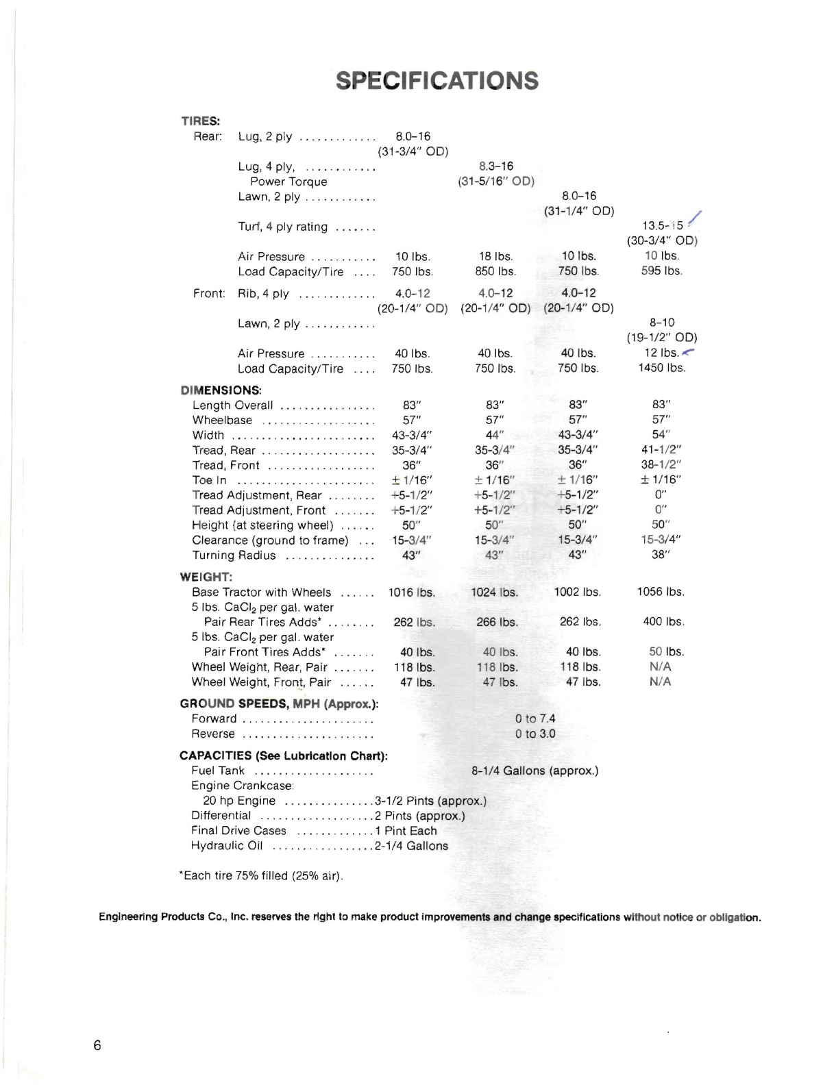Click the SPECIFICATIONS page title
click(437, 81)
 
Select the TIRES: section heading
click(200, 121)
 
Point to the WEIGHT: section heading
click(206, 577)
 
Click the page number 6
click(97, 1045)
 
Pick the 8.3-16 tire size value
click(496, 166)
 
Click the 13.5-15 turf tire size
click(662, 225)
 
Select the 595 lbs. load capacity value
click(661, 271)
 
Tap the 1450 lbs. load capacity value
click(661, 368)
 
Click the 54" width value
click(661, 435)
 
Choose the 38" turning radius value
click(661, 555)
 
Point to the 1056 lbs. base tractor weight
click(661, 592)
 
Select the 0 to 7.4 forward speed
click(535, 719)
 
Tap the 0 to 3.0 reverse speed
click(535, 734)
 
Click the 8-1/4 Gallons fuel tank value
click(534, 771)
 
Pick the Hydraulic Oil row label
click(227, 846)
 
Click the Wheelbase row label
click(222, 421)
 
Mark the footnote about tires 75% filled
click(261, 876)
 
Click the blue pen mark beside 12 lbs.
click(688, 352)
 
